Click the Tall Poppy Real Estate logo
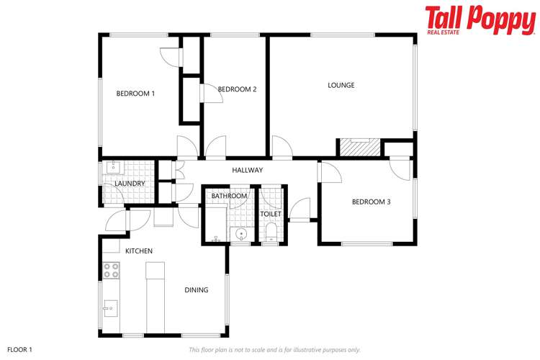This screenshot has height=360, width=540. click(x=480, y=20)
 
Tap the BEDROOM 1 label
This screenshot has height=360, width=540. click(x=136, y=94)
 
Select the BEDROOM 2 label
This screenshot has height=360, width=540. click(x=237, y=89)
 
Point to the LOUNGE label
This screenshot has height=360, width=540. click(x=341, y=85)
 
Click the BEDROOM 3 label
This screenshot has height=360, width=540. click(x=371, y=202)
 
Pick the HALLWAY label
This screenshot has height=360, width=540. click(x=247, y=170)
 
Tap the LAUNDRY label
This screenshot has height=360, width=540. click(x=130, y=184)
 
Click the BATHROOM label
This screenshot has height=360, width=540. click(x=229, y=196)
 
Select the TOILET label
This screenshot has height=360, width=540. click(x=271, y=214)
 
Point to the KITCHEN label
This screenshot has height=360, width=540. click(x=139, y=251)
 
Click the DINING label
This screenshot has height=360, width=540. click(x=196, y=290)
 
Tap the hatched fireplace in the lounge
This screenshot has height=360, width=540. click(x=359, y=147)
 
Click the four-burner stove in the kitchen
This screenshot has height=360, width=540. click(x=111, y=271)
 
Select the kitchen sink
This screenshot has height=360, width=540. click(x=109, y=308)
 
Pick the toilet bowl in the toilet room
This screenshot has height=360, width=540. click(x=271, y=231)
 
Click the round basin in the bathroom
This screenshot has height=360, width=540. click(x=241, y=233)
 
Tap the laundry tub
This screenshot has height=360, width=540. click(x=114, y=168)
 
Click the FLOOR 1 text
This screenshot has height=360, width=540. click(x=19, y=349)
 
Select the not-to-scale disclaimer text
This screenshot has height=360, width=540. click(x=274, y=349)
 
